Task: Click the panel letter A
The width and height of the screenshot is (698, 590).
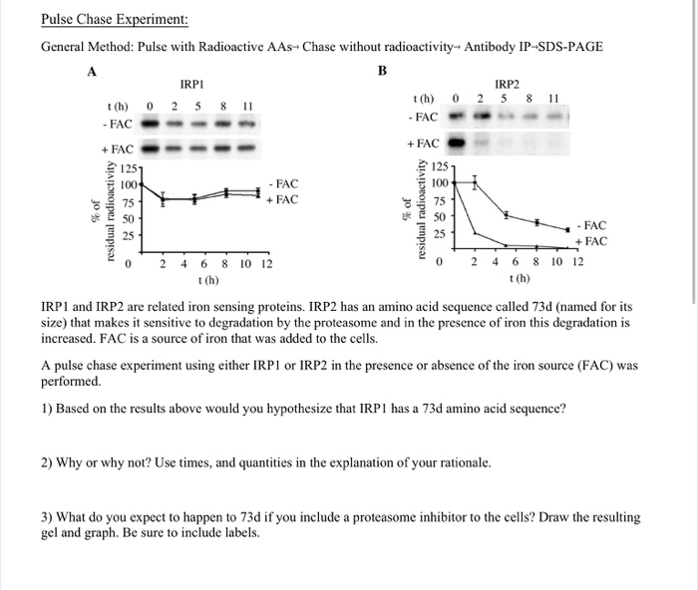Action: tap(92, 71)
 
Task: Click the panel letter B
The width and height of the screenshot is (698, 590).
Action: tap(382, 71)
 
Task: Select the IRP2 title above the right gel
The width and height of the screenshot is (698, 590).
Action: tap(507, 87)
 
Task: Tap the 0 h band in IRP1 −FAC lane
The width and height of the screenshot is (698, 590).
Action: tap(150, 124)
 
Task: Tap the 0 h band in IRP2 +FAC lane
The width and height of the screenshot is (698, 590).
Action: tap(457, 145)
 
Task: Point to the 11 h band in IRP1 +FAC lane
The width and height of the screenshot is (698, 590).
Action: tap(247, 149)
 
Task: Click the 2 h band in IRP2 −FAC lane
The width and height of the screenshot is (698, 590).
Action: tap(480, 119)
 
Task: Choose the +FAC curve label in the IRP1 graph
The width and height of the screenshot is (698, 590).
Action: tap(282, 199)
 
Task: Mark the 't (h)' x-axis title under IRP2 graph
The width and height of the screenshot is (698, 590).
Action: tap(519, 278)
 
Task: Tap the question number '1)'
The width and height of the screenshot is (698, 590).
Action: tap(48, 409)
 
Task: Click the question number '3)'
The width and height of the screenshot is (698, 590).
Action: tap(48, 517)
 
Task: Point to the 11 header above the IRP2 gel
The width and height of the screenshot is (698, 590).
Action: tap(555, 99)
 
